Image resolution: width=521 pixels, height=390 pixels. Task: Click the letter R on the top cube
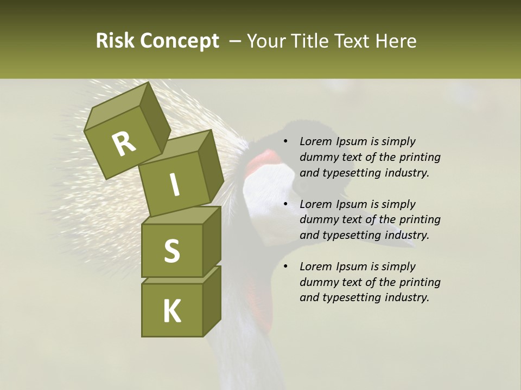[124, 144]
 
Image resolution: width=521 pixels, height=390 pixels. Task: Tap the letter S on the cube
[171, 251]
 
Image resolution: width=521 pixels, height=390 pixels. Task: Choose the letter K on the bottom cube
[172, 311]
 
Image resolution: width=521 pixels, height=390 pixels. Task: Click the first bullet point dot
[285, 141]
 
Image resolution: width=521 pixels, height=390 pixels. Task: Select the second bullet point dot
[285, 204]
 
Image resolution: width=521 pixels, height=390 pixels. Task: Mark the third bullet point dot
[285, 266]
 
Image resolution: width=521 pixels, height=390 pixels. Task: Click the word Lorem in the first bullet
[315, 141]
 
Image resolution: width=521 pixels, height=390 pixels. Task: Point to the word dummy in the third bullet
[316, 282]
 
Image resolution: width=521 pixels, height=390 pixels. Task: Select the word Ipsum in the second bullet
[351, 204]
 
